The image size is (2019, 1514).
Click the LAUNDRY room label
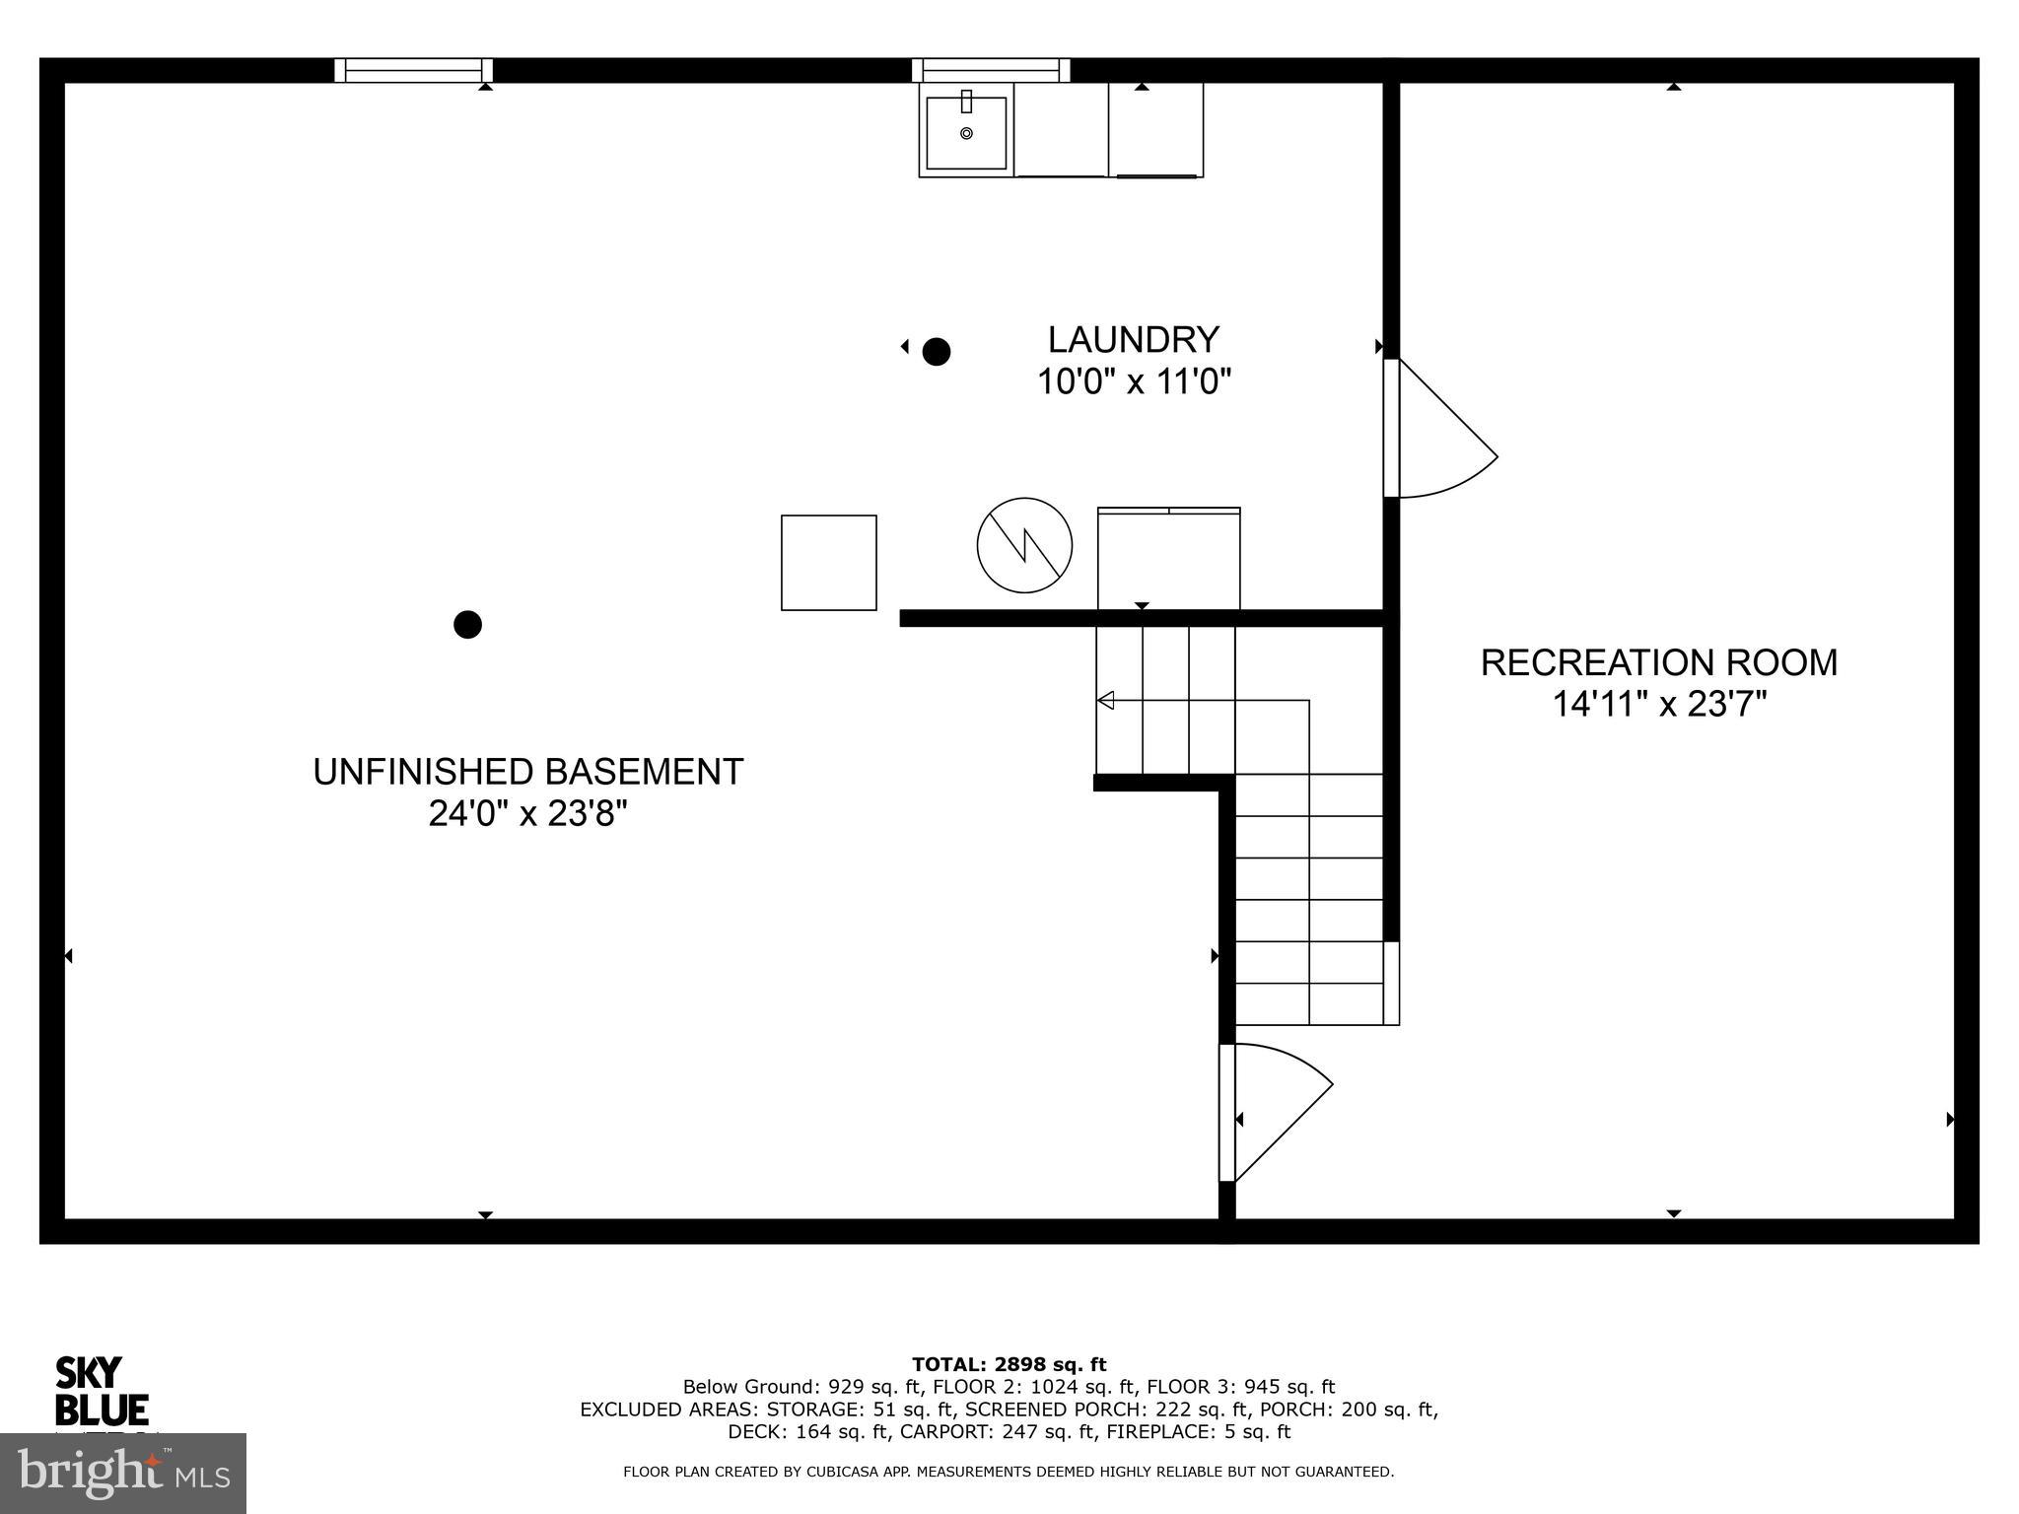click(1133, 340)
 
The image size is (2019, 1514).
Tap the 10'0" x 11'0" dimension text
click(1134, 381)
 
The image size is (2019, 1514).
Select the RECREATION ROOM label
click(1658, 662)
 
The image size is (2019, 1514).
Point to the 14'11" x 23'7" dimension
click(1658, 705)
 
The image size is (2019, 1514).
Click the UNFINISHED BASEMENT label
click(527, 772)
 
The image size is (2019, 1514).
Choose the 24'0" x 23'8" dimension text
click(527, 814)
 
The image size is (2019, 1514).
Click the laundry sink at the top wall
click(966, 131)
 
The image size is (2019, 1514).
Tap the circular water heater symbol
click(1024, 545)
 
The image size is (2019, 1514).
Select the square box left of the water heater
click(828, 563)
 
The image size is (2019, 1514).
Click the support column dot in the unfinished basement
click(467, 624)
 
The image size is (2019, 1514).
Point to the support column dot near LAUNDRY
click(936, 351)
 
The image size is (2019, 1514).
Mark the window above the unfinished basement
click(413, 70)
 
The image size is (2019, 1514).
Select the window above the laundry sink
click(990, 70)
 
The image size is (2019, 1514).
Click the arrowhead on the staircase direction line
click(1106, 701)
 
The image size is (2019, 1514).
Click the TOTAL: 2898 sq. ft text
click(1009, 1365)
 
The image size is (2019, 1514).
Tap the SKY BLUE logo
click(101, 1392)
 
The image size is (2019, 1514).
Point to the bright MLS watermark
click(122, 1474)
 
